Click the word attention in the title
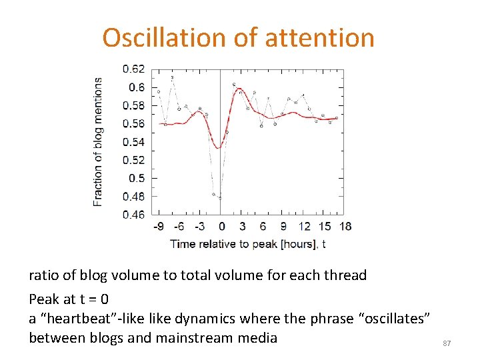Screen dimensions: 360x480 (319, 38)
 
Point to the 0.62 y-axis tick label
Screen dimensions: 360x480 (133, 69)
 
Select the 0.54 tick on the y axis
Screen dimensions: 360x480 (133, 141)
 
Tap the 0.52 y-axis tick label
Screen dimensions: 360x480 (133, 160)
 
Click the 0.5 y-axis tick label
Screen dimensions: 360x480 (136, 178)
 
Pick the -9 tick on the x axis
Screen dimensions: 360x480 (159, 227)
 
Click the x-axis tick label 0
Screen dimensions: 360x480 (221, 227)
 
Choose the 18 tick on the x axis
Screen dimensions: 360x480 (345, 227)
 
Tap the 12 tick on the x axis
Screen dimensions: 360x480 (304, 227)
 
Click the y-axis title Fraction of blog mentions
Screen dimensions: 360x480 (99, 141)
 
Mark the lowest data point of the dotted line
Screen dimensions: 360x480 (221, 197)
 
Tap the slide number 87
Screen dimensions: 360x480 (447, 343)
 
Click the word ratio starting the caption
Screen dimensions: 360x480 (43, 275)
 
